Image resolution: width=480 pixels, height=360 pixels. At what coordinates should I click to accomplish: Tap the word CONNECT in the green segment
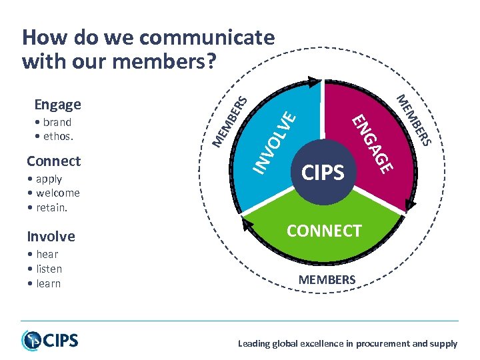coord(324,231)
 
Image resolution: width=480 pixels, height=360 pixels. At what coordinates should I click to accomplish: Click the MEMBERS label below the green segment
coord(327,280)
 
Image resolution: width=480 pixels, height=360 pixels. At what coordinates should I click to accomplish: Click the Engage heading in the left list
coord(58,105)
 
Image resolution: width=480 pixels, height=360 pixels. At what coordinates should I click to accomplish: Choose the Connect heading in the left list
coord(53,161)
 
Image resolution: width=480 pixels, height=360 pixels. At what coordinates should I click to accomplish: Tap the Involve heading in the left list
coord(51,237)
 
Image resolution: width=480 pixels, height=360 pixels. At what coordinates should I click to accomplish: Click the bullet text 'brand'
coord(57,123)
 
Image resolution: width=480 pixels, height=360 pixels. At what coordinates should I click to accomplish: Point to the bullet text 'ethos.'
coord(58,137)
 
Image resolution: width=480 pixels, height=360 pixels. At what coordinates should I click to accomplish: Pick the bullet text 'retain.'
coord(54,207)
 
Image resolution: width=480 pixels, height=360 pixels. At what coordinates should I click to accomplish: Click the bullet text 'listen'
coord(49,269)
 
